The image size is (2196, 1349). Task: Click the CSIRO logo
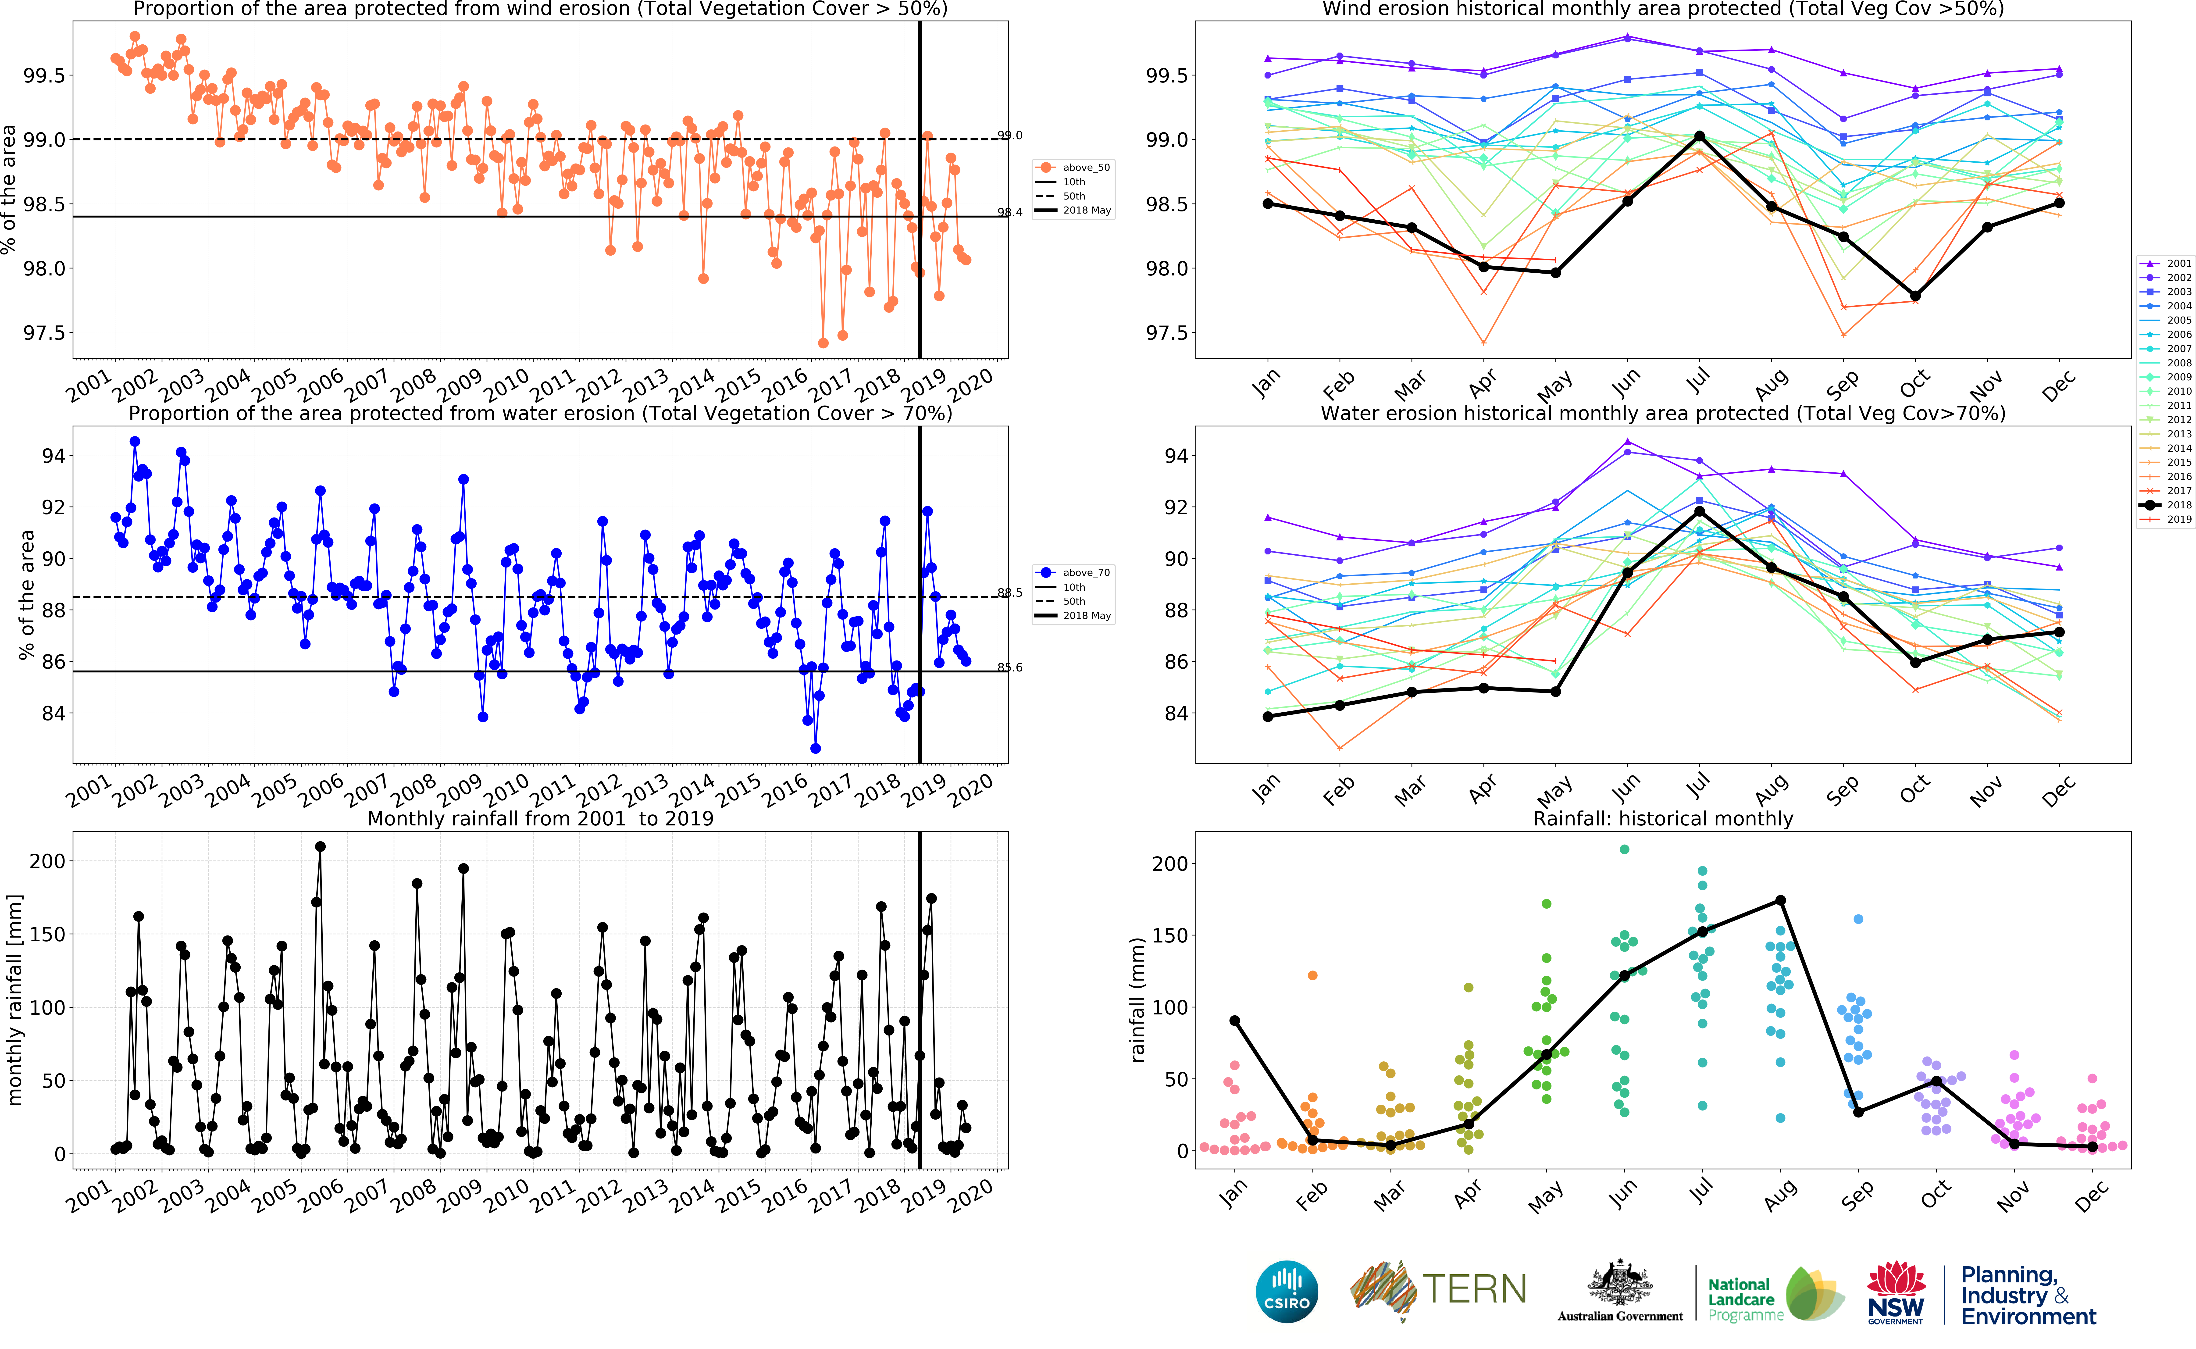pyautogui.click(x=1286, y=1291)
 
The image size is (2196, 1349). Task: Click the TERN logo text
pyautogui.click(x=1473, y=1289)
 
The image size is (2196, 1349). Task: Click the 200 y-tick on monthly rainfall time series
pyautogui.click(x=47, y=861)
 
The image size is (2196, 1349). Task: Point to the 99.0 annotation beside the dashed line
pyautogui.click(x=1010, y=136)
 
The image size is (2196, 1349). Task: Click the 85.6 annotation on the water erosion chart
pyautogui.click(x=1010, y=667)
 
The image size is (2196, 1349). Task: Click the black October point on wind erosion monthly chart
pyautogui.click(x=1915, y=295)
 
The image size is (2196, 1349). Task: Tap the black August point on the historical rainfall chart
pyautogui.click(x=1780, y=900)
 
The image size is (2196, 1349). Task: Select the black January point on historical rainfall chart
pyautogui.click(x=1234, y=1021)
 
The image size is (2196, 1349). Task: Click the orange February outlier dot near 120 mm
pyautogui.click(x=1312, y=975)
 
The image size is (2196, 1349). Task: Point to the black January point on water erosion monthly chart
pyautogui.click(x=1267, y=716)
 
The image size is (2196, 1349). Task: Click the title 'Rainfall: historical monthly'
pyautogui.click(x=1663, y=818)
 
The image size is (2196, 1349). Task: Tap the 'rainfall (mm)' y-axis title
pyautogui.click(x=1137, y=999)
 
